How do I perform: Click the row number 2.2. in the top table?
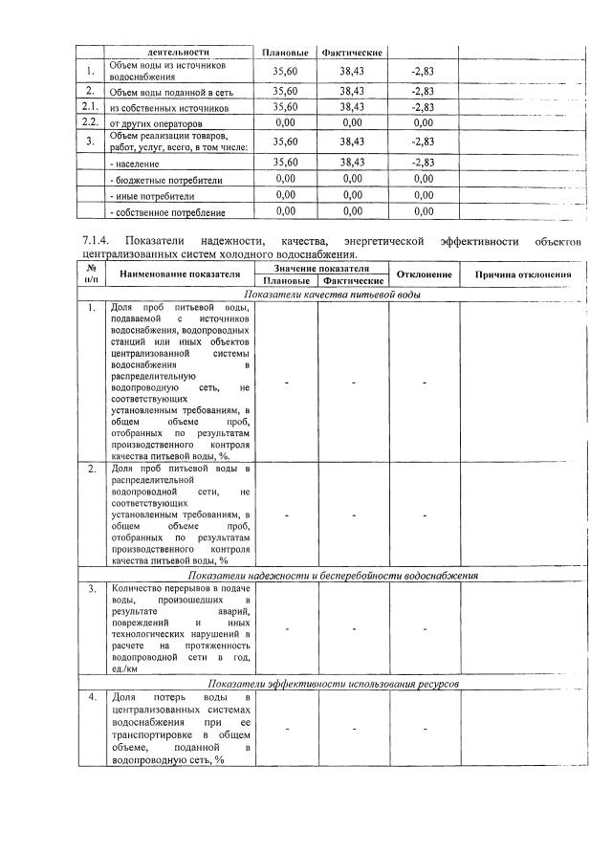[90, 122]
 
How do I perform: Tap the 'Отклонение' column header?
[424, 274]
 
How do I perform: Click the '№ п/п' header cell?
[91, 274]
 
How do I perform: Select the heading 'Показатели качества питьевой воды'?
[332, 295]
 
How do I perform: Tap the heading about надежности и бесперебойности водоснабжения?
[333, 575]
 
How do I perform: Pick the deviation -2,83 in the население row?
[423, 164]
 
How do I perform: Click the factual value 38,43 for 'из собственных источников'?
[352, 107]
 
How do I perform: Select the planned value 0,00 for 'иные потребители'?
[285, 195]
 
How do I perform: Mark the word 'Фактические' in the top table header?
[352, 51]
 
